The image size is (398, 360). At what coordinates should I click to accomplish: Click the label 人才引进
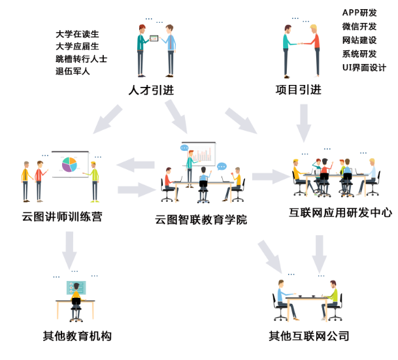click(151, 90)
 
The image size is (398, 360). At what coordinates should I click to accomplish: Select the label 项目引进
click(299, 90)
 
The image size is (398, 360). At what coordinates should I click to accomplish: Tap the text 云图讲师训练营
click(62, 217)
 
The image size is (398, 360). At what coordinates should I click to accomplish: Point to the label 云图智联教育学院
click(201, 220)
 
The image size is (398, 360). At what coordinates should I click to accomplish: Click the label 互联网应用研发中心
click(340, 212)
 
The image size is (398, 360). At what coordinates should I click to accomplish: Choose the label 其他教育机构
click(77, 336)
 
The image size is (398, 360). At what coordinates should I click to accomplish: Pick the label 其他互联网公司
click(309, 336)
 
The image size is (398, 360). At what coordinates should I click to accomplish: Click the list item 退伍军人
click(73, 71)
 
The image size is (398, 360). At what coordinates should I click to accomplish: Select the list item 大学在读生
click(77, 34)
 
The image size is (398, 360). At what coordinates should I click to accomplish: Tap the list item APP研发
click(359, 12)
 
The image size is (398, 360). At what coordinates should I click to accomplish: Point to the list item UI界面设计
click(364, 68)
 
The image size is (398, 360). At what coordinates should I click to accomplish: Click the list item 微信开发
click(359, 26)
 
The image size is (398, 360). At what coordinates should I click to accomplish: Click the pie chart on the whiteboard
click(69, 165)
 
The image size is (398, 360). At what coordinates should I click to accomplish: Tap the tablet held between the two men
click(154, 39)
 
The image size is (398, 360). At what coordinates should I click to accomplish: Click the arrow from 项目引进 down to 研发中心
click(304, 123)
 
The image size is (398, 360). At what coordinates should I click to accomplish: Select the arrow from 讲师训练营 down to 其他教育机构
click(69, 250)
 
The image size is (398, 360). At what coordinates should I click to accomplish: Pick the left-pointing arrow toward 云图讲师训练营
click(135, 165)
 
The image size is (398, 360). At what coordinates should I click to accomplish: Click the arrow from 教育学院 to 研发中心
click(271, 176)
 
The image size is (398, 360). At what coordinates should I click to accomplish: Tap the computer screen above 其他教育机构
click(76, 287)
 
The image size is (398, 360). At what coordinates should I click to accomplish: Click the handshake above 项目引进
click(301, 44)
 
